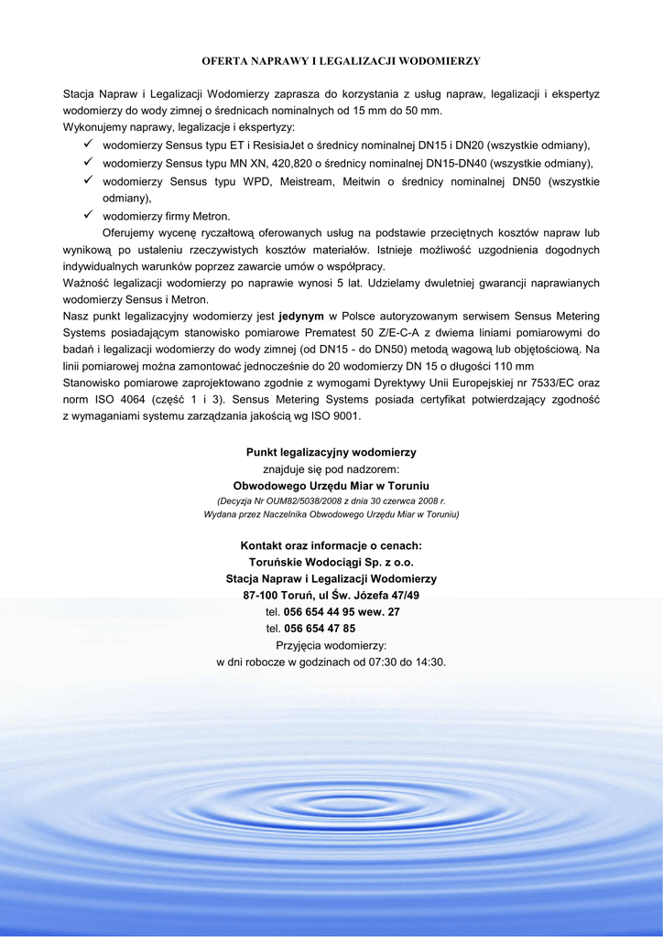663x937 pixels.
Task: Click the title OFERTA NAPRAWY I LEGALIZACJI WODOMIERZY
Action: click(x=341, y=60)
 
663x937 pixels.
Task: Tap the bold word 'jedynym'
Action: click(x=301, y=316)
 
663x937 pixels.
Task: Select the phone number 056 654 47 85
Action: click(x=320, y=629)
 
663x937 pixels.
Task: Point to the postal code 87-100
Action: click(x=260, y=595)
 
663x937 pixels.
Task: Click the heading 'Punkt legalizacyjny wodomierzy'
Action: click(x=331, y=452)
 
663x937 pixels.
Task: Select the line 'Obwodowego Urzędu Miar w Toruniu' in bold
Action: click(x=331, y=485)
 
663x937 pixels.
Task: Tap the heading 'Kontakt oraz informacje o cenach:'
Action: click(x=331, y=545)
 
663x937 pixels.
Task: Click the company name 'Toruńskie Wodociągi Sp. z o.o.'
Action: click(x=331, y=562)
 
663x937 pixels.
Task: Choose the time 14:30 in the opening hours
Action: click(x=429, y=662)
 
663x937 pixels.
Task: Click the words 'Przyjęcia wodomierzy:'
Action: click(x=331, y=645)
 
